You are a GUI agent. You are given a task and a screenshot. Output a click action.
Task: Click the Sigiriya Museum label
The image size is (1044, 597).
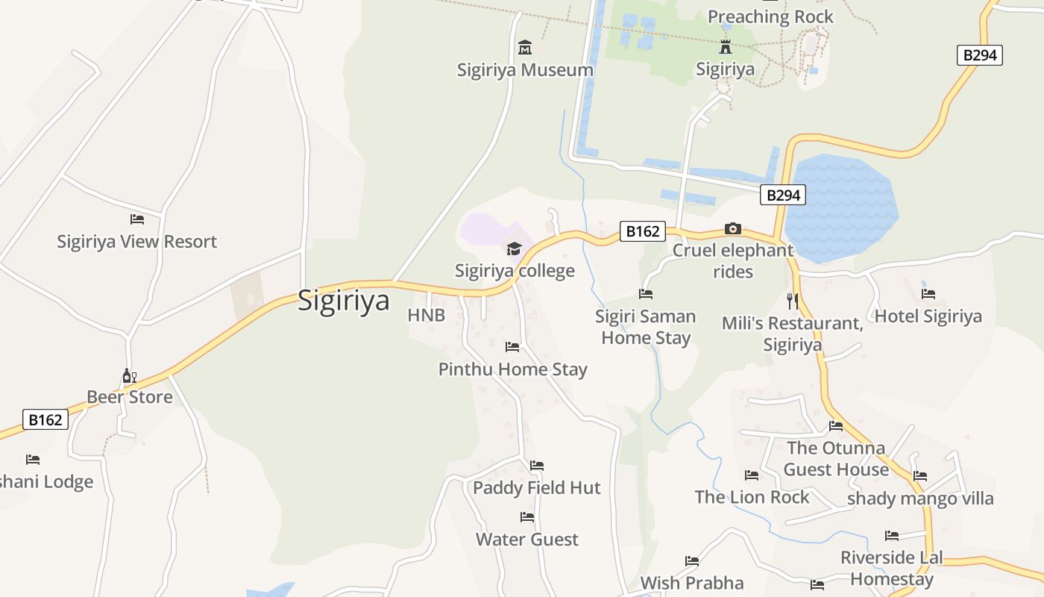pyautogui.click(x=525, y=70)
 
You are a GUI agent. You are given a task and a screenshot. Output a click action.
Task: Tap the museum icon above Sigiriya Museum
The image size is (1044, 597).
pyautogui.click(x=525, y=48)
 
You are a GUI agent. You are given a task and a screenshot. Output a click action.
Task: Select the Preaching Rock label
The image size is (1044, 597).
pyautogui.click(x=770, y=16)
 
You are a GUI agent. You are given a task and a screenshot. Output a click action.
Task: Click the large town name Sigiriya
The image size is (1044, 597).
pyautogui.click(x=344, y=300)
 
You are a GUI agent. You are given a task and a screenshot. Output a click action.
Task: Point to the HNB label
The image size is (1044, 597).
pyautogui.click(x=427, y=316)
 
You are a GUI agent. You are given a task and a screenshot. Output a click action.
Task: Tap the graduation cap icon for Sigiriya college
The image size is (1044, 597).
pyautogui.click(x=514, y=249)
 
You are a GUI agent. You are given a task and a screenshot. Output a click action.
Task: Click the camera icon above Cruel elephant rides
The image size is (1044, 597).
pyautogui.click(x=733, y=228)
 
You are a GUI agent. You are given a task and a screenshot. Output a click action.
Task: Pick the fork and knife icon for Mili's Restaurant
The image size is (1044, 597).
pyautogui.click(x=792, y=301)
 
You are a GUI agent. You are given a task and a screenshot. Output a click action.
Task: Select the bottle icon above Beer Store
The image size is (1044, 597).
pyautogui.click(x=129, y=375)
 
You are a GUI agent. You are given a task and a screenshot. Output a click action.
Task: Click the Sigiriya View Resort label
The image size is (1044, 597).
pyautogui.click(x=137, y=242)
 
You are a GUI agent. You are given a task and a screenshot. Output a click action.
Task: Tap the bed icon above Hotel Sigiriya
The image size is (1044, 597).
pyautogui.click(x=928, y=294)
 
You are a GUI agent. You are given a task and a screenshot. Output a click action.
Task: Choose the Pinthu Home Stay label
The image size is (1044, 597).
pyautogui.click(x=513, y=369)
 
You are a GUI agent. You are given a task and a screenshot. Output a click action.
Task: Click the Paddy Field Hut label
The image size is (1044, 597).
pyautogui.click(x=537, y=488)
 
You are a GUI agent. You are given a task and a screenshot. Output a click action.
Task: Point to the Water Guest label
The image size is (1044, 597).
pyautogui.click(x=527, y=540)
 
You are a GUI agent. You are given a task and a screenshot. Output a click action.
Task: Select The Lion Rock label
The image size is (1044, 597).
pyautogui.click(x=752, y=497)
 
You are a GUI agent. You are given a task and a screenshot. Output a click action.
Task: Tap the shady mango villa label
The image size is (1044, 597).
pyautogui.click(x=920, y=498)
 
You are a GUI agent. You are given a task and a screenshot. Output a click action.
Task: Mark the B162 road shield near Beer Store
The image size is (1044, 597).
pyautogui.click(x=45, y=420)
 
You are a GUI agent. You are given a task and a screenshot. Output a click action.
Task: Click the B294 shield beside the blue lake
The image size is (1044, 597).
pyautogui.click(x=783, y=196)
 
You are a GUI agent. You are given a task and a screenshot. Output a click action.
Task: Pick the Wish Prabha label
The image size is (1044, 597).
pyautogui.click(x=692, y=583)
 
